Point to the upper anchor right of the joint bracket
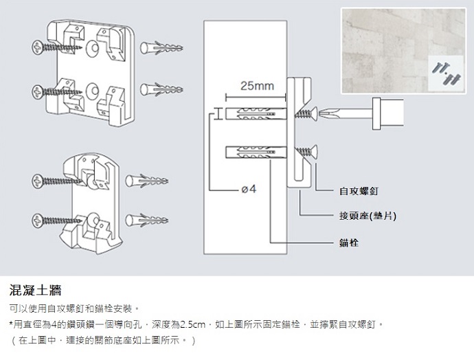pos(147,182)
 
